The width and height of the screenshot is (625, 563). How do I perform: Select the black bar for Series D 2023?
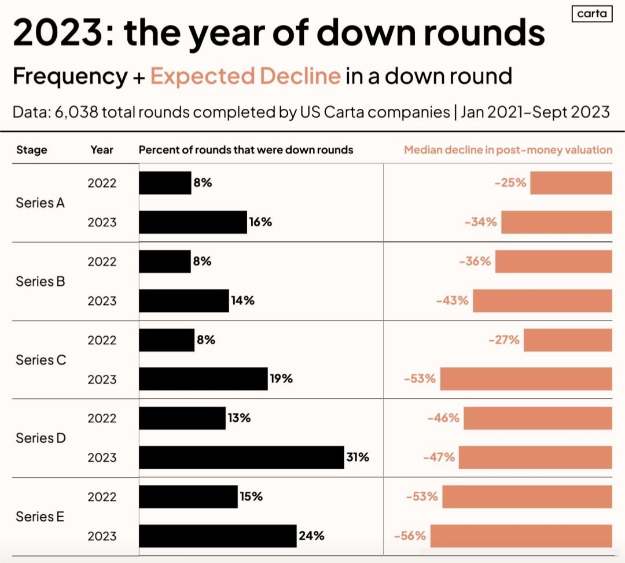coord(241,457)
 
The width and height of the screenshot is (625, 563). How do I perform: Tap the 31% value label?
coord(358,457)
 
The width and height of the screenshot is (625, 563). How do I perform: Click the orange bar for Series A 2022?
coord(571,183)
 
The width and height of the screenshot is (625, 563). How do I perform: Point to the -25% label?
coord(510,183)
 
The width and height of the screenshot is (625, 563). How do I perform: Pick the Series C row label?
coord(41,360)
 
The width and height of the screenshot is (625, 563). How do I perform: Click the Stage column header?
coord(32,150)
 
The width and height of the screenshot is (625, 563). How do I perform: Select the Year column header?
coord(102,150)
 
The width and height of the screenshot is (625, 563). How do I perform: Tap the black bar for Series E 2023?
coord(218,536)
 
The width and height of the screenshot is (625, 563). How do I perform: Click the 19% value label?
coord(281,379)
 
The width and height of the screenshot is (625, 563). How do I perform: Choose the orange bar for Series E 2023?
coord(521,536)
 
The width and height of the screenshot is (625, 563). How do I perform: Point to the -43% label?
coord(454,301)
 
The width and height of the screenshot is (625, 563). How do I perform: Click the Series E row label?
coord(40,517)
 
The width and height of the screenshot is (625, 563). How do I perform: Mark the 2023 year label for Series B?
coord(102,301)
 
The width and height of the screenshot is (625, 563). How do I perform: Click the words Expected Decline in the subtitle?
coord(245,76)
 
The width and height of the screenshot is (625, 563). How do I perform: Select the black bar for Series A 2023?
coord(193,222)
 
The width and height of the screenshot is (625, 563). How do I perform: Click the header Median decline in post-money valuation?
coord(508,150)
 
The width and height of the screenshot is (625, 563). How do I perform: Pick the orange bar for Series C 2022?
coord(568,340)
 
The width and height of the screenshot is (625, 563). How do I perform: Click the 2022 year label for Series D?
coord(102,418)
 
